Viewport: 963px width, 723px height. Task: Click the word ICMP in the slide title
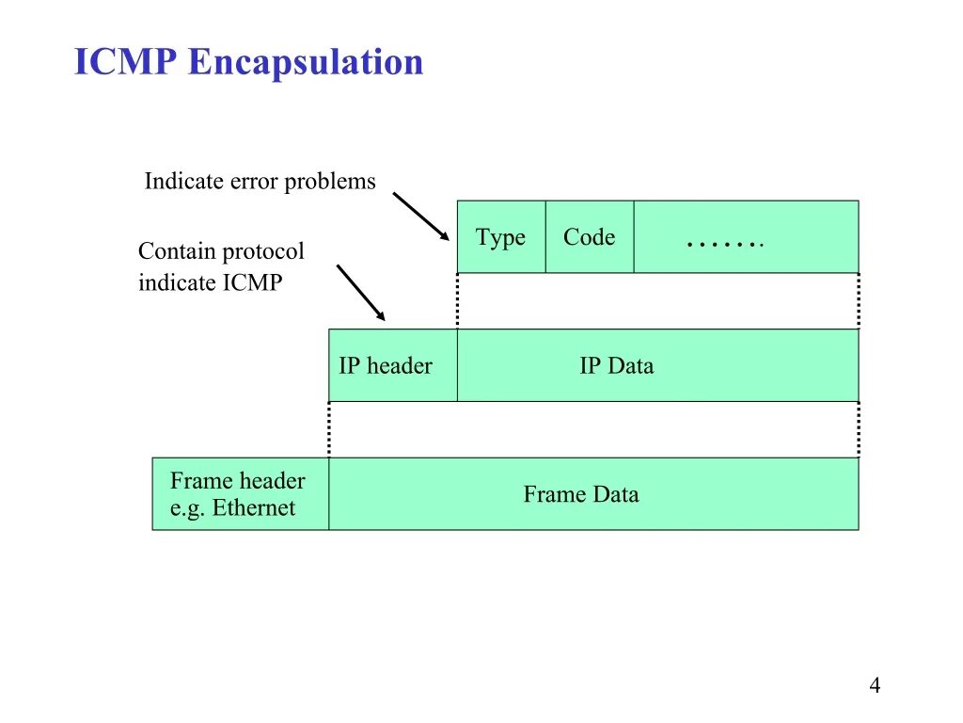click(126, 63)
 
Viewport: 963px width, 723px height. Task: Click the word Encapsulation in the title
click(306, 63)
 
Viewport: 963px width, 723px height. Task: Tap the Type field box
click(500, 237)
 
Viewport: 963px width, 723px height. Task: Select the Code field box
click(590, 237)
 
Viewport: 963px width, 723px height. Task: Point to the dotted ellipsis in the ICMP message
click(725, 243)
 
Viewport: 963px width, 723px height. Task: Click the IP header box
click(392, 365)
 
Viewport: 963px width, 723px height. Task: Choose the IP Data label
click(616, 366)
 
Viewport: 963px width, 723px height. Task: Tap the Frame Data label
click(581, 494)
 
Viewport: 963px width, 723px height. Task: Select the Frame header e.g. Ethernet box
click(240, 494)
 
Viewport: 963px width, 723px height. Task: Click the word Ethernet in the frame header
click(254, 508)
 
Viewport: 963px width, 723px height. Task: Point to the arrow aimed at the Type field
click(419, 217)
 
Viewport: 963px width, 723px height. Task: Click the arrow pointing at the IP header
click(360, 292)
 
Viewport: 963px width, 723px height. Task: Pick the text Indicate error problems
click(260, 182)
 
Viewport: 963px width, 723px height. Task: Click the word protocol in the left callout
click(263, 252)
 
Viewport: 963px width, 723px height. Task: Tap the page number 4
click(875, 686)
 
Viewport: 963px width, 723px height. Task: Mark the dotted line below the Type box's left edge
click(458, 300)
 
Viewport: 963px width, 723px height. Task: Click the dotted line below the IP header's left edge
click(329, 429)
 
